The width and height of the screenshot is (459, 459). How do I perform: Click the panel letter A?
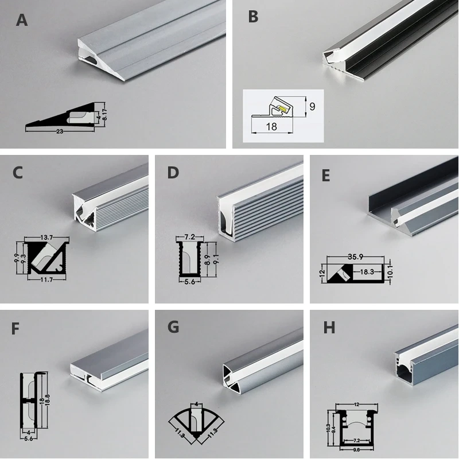[x=22, y=21]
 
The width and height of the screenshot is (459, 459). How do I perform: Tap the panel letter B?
[x=253, y=17]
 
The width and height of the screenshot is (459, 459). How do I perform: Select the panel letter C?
[x=18, y=172]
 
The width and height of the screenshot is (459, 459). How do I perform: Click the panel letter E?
[x=326, y=175]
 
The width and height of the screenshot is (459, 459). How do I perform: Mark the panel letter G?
[x=173, y=328]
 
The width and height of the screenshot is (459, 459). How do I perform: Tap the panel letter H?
[x=329, y=328]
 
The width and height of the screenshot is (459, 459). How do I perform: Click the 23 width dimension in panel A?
[x=60, y=131]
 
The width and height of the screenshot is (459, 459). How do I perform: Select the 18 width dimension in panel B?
[x=271, y=127]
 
